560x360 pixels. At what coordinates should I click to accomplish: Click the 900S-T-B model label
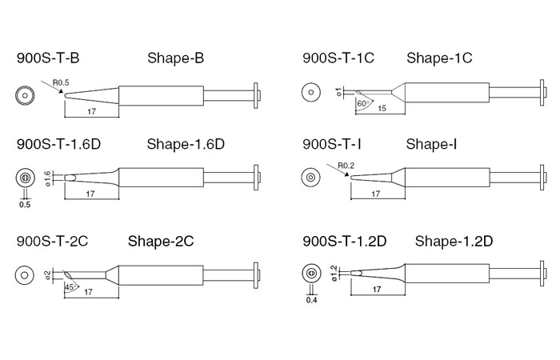(48, 58)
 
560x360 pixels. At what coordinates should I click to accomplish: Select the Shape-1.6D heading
(186, 144)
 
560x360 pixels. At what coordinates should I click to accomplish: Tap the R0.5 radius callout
(61, 83)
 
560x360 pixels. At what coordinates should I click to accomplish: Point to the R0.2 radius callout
(346, 166)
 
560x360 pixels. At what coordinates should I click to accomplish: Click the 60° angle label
(362, 103)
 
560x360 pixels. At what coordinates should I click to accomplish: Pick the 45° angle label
(70, 286)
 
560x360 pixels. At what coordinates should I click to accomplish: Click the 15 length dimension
(382, 108)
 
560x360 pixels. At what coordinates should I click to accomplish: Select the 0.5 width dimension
(25, 205)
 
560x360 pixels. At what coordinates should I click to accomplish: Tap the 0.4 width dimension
(311, 300)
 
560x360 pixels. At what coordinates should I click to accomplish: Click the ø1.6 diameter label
(47, 178)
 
